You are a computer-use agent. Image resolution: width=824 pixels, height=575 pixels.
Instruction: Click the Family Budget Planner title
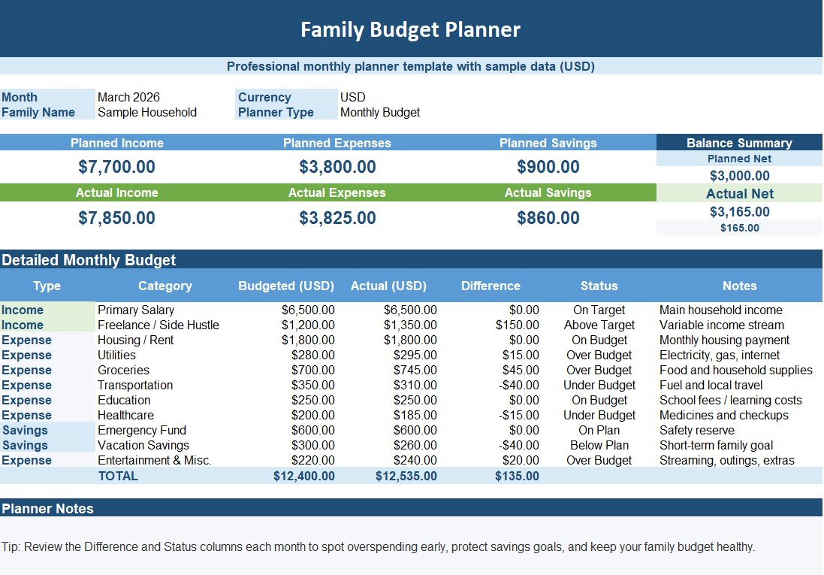410,29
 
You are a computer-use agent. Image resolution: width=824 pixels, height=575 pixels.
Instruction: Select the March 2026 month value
128,97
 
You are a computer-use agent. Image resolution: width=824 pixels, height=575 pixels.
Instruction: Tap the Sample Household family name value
147,112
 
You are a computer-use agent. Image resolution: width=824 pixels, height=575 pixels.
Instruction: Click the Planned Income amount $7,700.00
116,167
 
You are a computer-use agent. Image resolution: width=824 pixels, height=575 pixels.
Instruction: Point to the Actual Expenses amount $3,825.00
337,218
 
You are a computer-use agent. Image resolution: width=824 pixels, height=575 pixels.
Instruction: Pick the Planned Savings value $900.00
548,167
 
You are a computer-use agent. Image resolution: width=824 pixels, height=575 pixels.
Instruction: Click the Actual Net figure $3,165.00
739,212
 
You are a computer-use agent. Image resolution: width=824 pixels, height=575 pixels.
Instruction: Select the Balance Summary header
739,143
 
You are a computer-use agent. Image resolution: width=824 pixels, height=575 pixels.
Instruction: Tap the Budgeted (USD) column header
286,286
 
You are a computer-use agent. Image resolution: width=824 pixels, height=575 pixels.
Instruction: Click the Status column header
599,286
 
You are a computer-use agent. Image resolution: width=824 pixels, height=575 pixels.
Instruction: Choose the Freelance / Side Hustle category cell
158,325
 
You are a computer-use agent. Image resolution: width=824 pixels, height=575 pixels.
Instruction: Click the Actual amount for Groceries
415,370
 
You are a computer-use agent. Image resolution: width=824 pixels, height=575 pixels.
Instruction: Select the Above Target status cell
599,325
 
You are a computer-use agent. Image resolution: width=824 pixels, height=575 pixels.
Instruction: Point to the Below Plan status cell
599,445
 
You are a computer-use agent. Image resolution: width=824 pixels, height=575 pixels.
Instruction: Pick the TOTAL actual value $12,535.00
406,476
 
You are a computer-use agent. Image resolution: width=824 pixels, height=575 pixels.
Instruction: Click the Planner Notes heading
47,508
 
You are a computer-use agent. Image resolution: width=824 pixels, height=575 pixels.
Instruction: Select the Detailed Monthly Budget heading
89,260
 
